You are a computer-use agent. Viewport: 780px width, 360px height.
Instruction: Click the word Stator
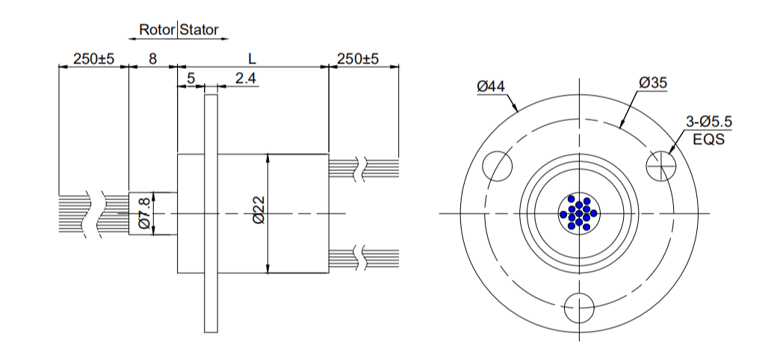199,30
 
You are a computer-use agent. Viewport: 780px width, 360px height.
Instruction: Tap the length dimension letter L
252,58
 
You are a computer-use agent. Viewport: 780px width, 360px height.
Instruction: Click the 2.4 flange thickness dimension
246,78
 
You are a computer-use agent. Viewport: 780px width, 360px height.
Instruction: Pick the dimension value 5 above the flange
191,78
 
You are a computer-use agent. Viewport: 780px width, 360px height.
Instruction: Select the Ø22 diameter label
259,211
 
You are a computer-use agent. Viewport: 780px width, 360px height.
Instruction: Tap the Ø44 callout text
491,87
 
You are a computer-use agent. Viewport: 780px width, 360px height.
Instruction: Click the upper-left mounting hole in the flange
498,164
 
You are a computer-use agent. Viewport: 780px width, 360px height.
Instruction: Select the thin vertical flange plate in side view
211,213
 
